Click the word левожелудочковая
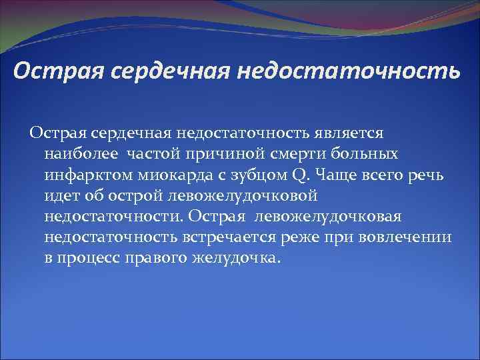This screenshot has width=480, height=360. [327, 218]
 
